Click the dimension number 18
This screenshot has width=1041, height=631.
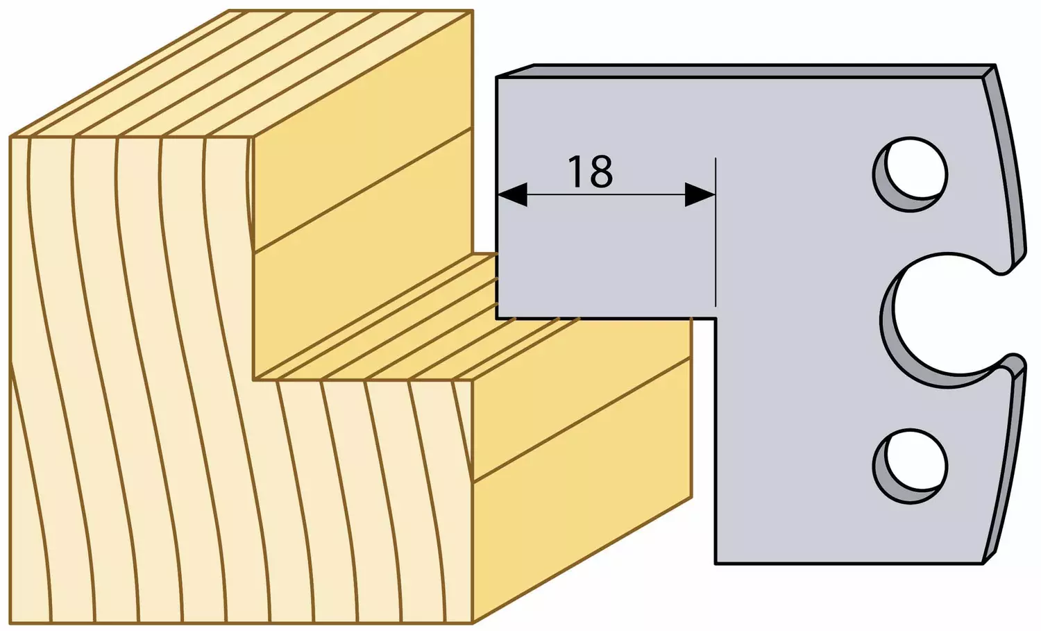(x=590, y=171)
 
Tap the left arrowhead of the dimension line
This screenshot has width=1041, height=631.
(x=512, y=194)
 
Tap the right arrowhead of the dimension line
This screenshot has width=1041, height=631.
(x=700, y=194)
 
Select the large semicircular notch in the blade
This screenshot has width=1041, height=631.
(x=892, y=321)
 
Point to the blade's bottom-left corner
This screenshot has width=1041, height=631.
(x=716, y=564)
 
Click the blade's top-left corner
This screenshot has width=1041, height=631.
(x=497, y=77)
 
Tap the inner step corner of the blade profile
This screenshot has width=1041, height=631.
(x=716, y=319)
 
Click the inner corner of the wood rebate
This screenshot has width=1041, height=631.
(x=254, y=380)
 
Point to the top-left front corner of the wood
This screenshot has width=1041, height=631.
(x=10, y=137)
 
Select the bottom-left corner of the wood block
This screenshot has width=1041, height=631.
(x=10, y=623)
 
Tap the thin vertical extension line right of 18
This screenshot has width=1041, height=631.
(x=716, y=233)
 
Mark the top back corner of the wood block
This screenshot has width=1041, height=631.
(x=473, y=10)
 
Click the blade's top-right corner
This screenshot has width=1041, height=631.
(x=995, y=65)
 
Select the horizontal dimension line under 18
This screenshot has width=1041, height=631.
(x=606, y=194)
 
